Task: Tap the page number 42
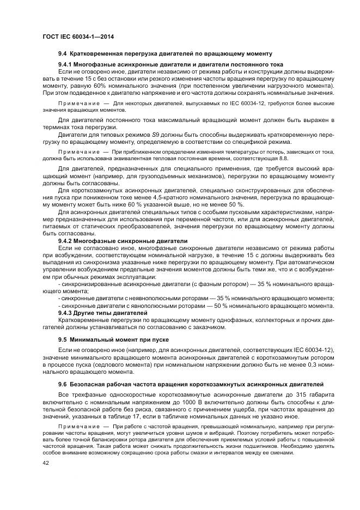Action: coord(46,462)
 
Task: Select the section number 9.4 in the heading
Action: coord(63,53)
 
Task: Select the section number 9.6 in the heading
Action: coord(63,385)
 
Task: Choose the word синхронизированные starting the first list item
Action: coord(87,284)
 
